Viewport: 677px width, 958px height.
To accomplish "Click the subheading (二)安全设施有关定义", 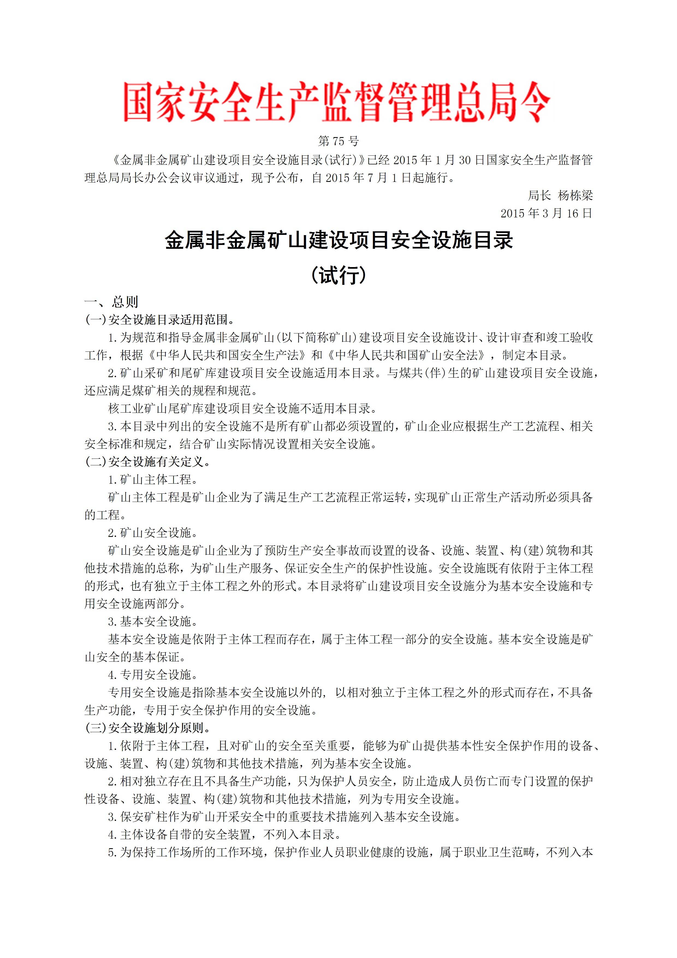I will pos(147,462).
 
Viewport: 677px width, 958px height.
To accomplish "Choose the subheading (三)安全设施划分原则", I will pos(147,728).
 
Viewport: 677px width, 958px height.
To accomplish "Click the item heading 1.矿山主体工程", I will pos(153,480).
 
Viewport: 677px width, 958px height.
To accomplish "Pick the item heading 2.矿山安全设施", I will pos(153,533).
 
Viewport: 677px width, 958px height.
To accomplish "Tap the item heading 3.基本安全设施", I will pos(153,622).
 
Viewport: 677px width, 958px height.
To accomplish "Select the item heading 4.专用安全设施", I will pos(153,675).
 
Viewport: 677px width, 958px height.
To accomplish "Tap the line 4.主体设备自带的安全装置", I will pos(224,835).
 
